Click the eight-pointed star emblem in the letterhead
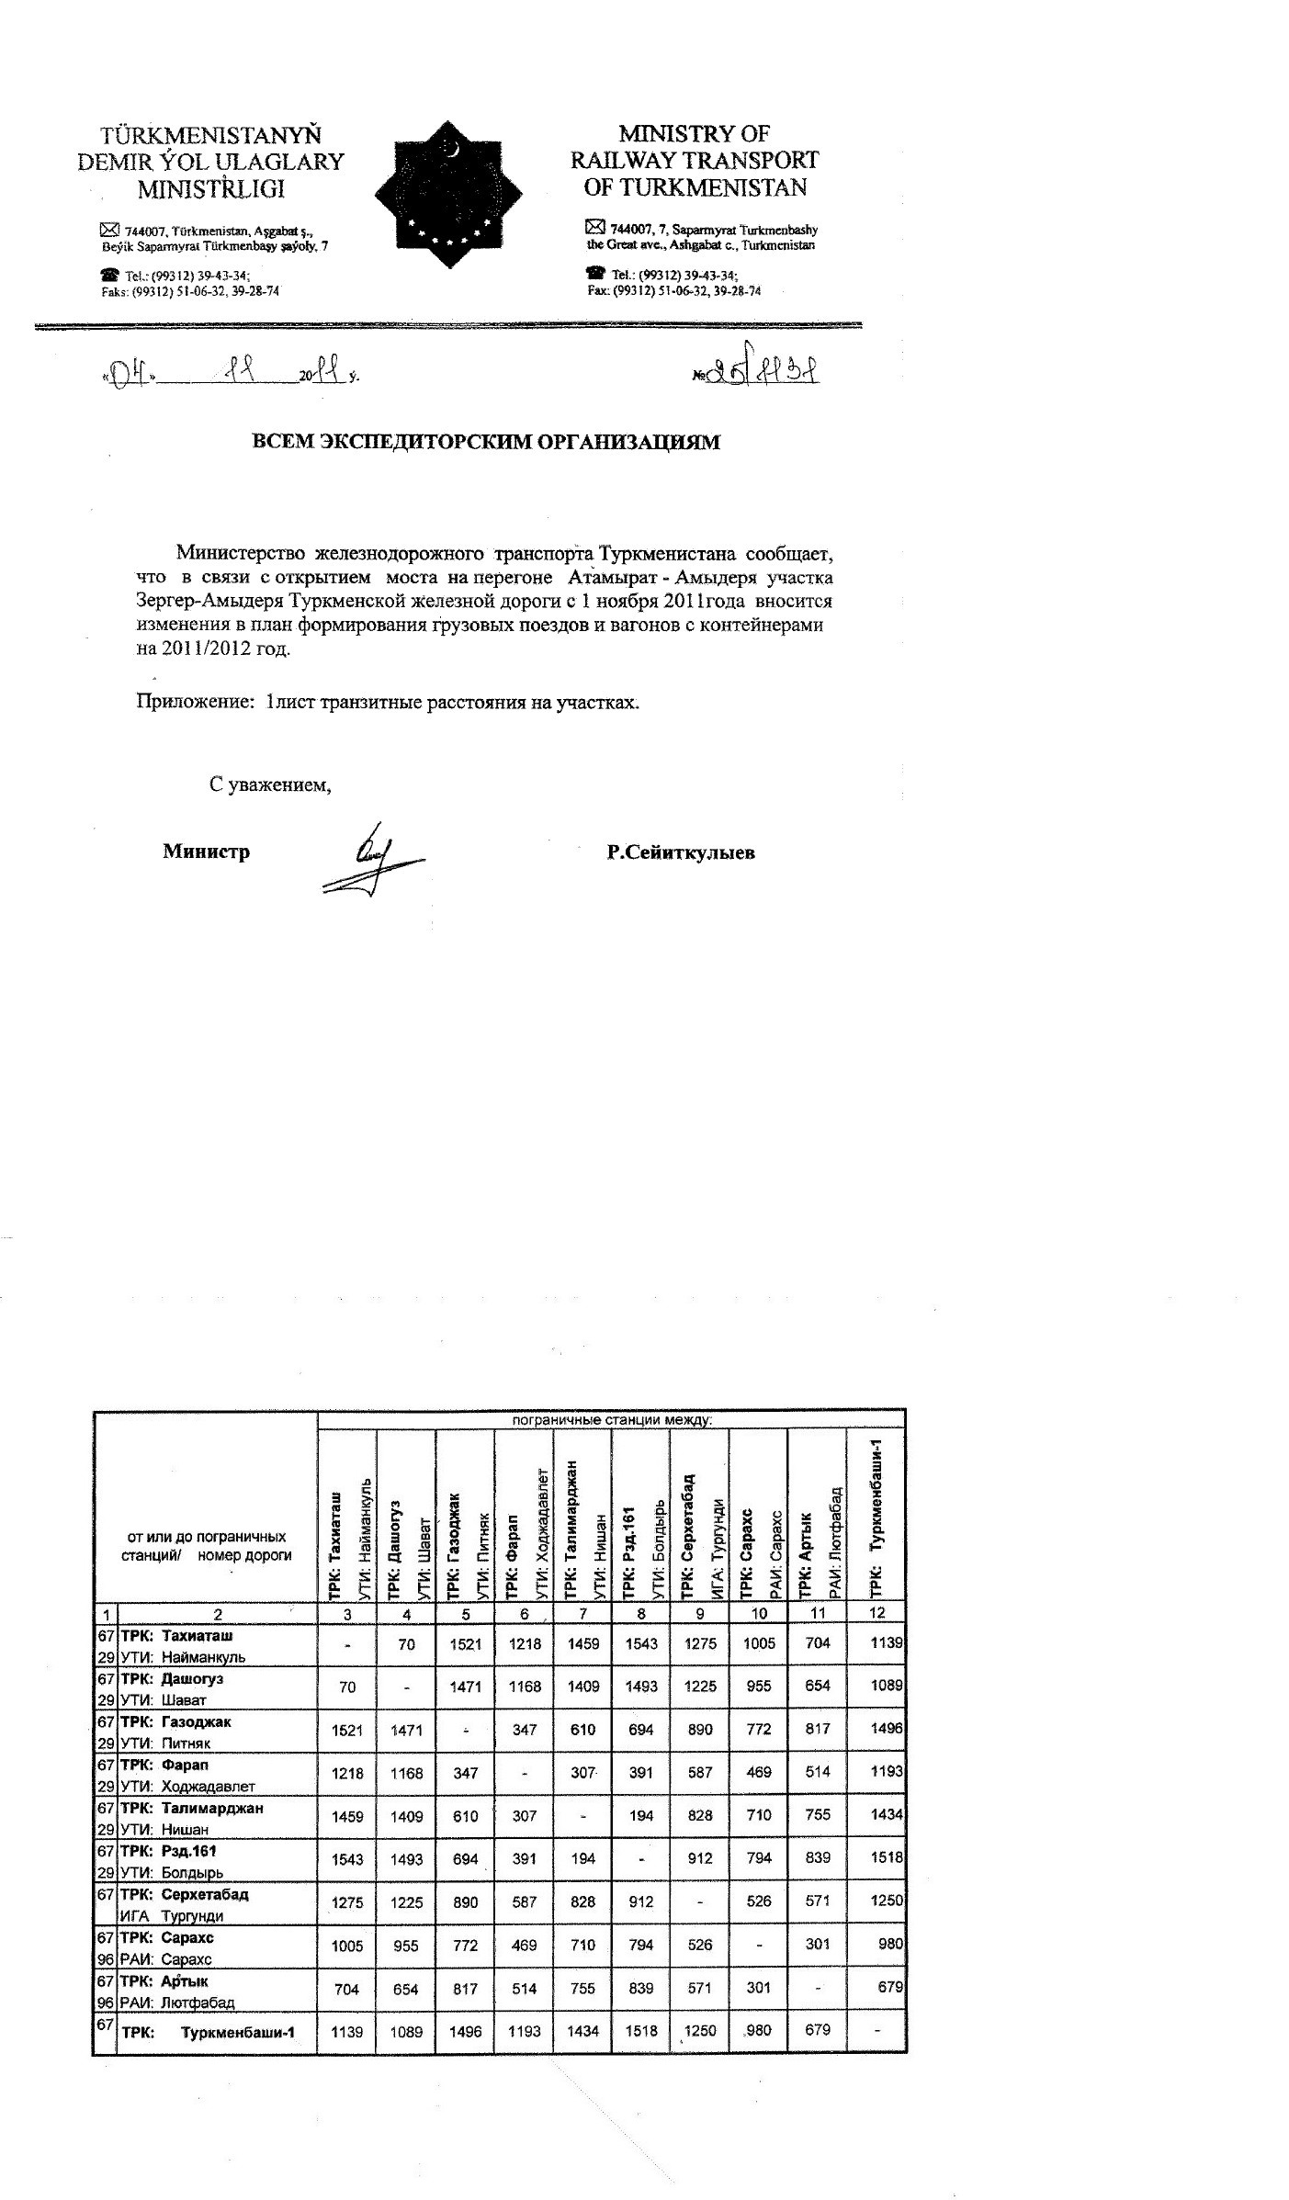[x=448, y=195]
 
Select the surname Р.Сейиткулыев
[x=681, y=852]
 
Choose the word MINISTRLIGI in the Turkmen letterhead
[x=210, y=189]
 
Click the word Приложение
[x=195, y=703]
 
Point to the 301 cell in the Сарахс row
[x=817, y=1945]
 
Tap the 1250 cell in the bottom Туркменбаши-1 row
[x=700, y=2031]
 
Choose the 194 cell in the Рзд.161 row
[x=582, y=1858]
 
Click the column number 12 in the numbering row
[x=876, y=1614]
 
